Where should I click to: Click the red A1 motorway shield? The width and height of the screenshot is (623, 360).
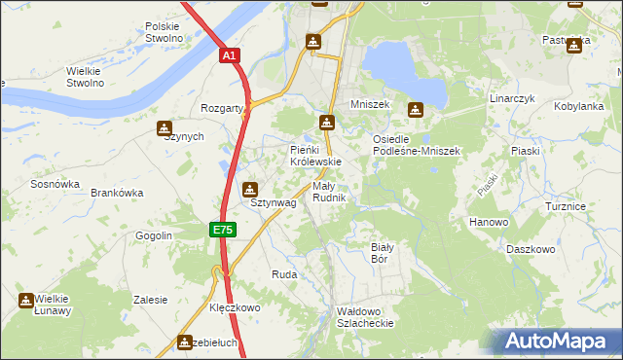pyautogui.click(x=228, y=56)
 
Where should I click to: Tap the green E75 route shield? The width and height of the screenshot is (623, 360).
pyautogui.click(x=222, y=230)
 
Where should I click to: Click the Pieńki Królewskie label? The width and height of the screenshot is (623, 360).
pyautogui.click(x=316, y=156)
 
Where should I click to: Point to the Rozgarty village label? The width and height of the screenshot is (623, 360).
pyautogui.click(x=221, y=108)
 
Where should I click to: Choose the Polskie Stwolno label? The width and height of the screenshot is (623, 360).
pyautogui.click(x=164, y=32)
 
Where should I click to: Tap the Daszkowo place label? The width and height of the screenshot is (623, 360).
pyautogui.click(x=531, y=249)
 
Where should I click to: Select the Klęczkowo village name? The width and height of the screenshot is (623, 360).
pyautogui.click(x=236, y=307)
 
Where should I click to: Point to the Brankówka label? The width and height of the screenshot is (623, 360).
pyautogui.click(x=117, y=193)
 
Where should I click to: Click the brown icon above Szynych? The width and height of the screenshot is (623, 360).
pyautogui.click(x=165, y=128)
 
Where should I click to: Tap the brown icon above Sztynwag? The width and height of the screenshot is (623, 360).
pyautogui.click(x=251, y=189)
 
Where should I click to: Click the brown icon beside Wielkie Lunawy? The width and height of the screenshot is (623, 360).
pyautogui.click(x=26, y=302)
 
